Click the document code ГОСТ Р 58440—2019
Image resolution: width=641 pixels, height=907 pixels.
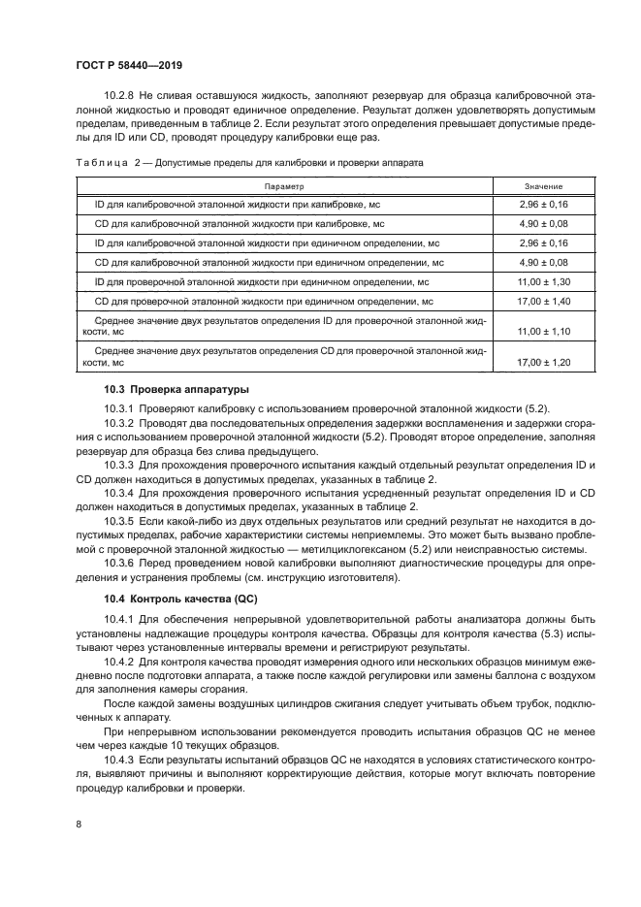129,65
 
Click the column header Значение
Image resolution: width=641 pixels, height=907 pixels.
543,186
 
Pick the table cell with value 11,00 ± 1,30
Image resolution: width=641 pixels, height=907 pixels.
543,281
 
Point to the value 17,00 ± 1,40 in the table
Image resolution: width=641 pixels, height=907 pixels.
543,301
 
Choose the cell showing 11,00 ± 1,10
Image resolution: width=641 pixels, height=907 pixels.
543,332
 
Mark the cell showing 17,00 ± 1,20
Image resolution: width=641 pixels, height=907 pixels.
543,362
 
